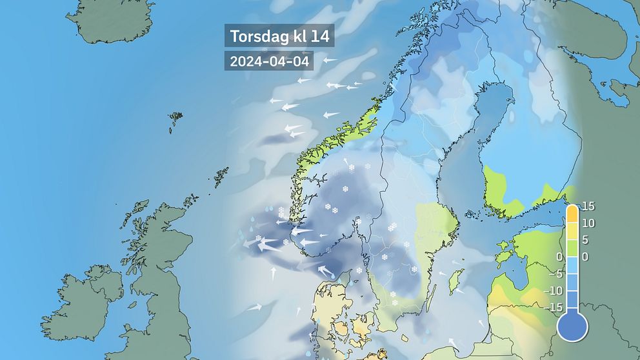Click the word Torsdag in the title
256,36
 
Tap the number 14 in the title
319,36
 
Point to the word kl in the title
296,36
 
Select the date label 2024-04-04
268,61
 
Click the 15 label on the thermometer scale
588,207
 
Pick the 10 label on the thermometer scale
588,224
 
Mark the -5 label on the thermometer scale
554,274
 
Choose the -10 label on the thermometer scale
552,291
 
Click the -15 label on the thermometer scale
552,308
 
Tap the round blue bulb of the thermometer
572,326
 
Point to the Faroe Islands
175,120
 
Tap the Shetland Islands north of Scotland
222,175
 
